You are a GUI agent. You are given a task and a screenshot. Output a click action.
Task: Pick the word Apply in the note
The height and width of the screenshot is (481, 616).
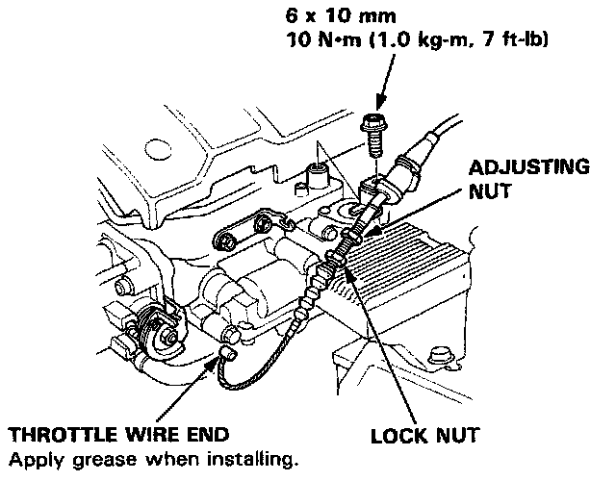click(30, 455)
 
